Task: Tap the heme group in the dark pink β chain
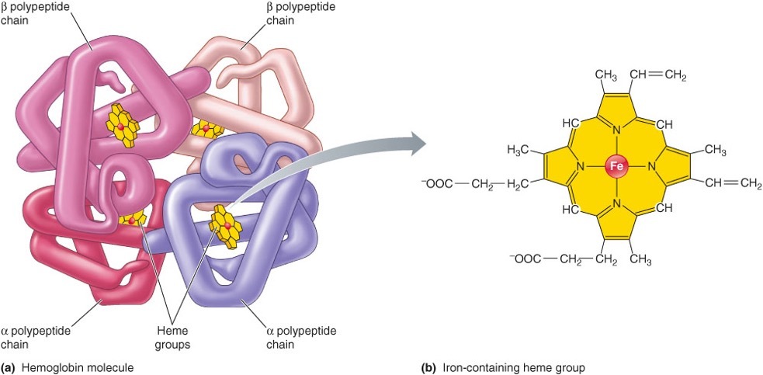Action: [122, 124]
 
